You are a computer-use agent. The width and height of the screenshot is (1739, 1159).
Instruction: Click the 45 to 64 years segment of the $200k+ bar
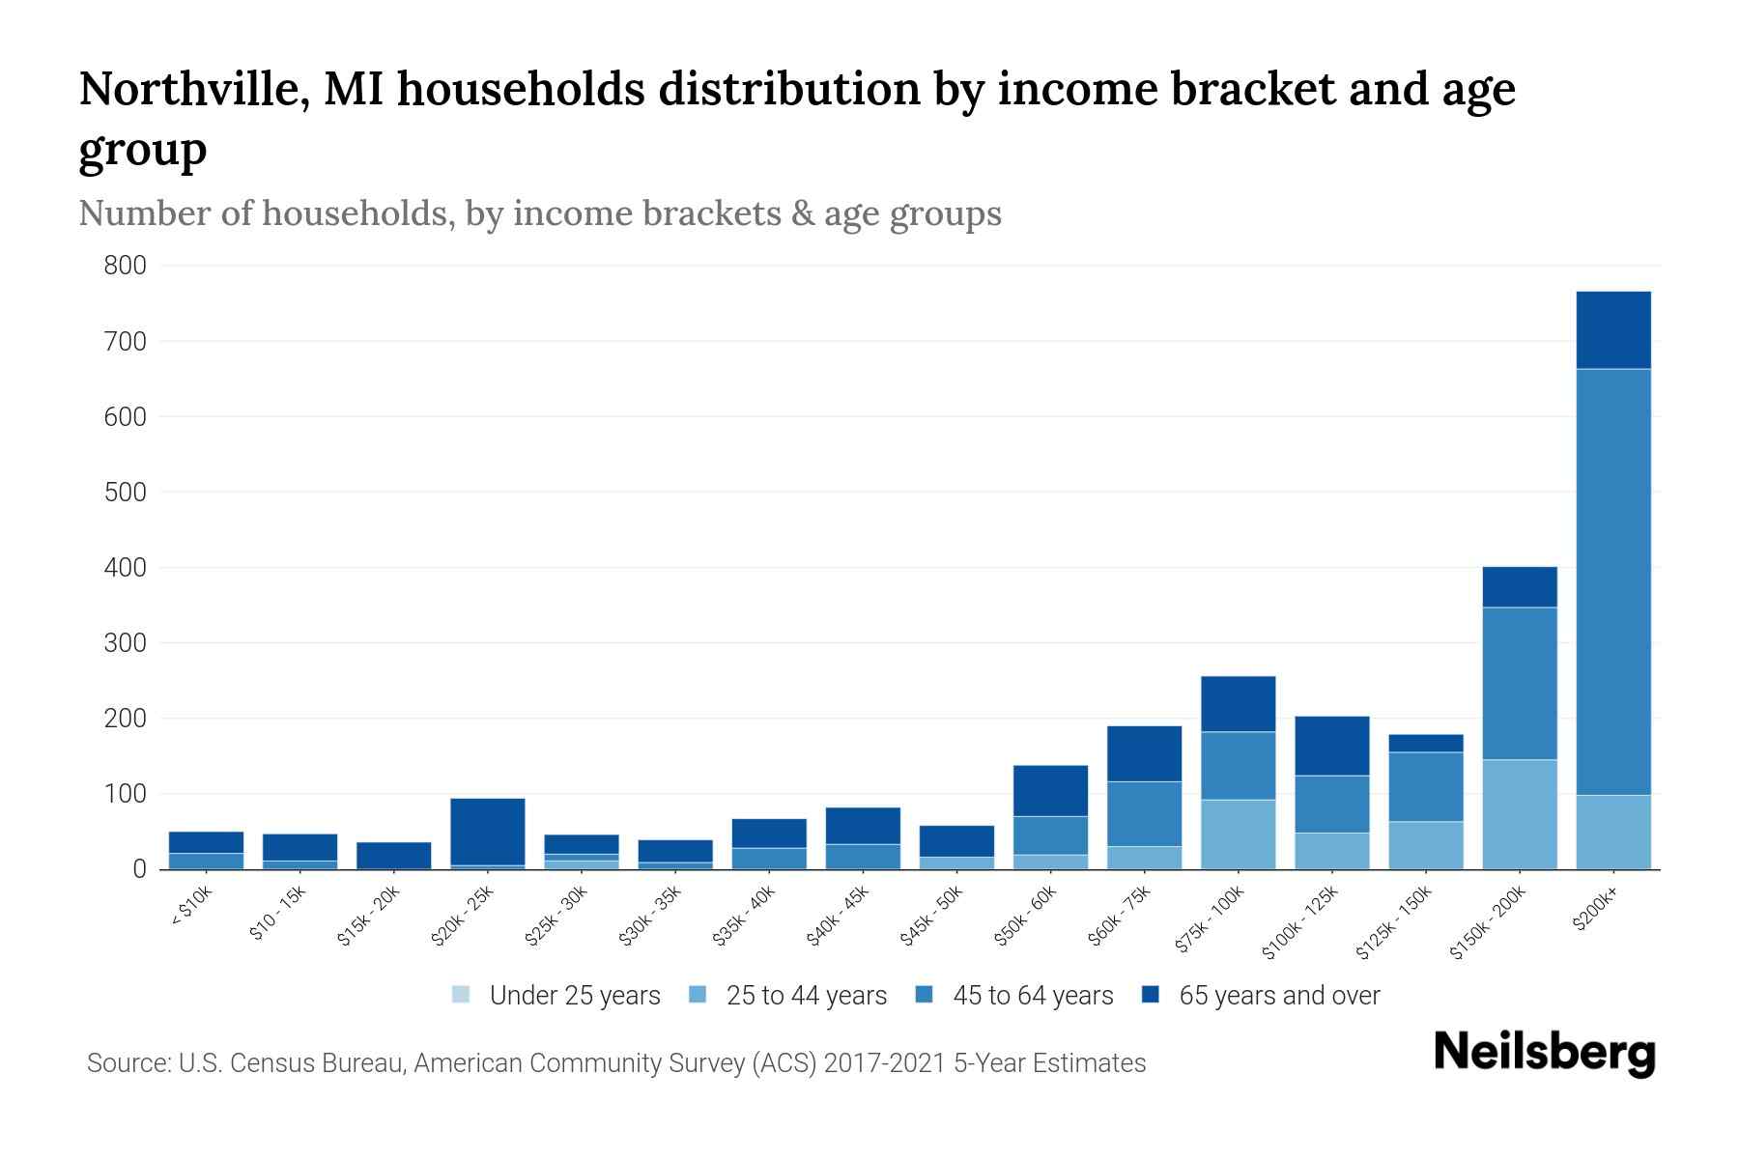[x=1613, y=579]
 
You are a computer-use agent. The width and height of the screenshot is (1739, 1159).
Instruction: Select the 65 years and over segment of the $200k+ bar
[x=1613, y=329]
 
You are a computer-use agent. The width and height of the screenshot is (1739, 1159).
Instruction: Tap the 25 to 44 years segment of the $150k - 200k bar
[x=1520, y=813]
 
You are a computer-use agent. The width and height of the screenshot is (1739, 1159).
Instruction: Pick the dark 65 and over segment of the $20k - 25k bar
[x=488, y=831]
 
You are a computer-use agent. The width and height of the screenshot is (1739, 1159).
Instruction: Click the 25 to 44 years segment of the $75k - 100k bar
[x=1238, y=834]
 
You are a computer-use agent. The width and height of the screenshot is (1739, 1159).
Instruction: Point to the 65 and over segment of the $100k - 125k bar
[x=1331, y=745]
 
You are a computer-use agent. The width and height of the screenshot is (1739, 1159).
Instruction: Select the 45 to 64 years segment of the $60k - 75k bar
[x=1144, y=813]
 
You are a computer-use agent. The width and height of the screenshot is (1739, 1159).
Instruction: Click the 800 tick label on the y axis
[x=125, y=266]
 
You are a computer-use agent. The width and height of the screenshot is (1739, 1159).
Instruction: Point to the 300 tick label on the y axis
[x=125, y=643]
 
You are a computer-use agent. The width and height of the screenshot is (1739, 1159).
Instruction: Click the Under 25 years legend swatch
[x=462, y=995]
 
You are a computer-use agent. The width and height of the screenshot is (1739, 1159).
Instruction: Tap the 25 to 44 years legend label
[x=806, y=996]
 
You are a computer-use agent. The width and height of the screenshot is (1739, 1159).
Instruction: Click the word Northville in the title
[x=193, y=89]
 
